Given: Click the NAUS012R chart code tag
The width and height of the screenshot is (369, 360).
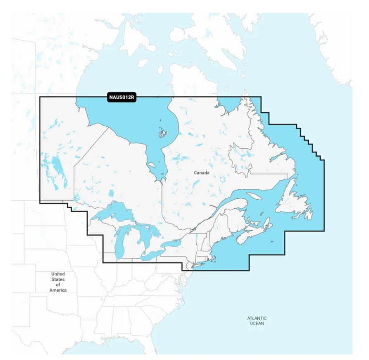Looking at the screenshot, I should [x=122, y=98].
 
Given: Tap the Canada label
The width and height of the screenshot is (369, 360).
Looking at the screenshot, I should [x=201, y=173].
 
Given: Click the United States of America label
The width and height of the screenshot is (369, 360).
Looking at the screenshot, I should [x=58, y=282].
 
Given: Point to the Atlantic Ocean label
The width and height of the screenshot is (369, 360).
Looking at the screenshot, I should [x=257, y=321].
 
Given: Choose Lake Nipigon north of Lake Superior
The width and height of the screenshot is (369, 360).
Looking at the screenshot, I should [x=111, y=193].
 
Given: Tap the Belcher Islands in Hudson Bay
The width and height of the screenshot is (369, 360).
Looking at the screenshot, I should [x=162, y=133].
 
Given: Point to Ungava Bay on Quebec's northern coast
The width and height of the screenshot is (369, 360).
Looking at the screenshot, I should [x=224, y=107].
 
